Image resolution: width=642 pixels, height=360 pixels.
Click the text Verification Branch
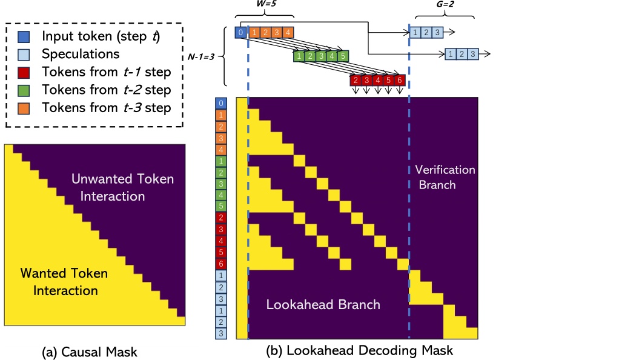click(x=445, y=177)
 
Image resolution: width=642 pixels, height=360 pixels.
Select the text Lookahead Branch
click(x=323, y=304)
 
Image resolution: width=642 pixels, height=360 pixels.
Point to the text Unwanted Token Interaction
click(x=122, y=187)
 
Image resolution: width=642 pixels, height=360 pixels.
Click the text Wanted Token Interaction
click(x=65, y=282)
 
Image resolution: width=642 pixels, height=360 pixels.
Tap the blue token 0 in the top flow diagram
click(x=241, y=32)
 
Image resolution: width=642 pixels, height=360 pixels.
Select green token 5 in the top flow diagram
click(x=343, y=56)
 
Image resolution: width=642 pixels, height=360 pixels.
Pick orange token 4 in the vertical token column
click(x=221, y=150)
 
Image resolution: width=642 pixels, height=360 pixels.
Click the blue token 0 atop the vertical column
click(x=221, y=103)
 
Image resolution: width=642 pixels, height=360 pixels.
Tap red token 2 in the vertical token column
click(x=221, y=217)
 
